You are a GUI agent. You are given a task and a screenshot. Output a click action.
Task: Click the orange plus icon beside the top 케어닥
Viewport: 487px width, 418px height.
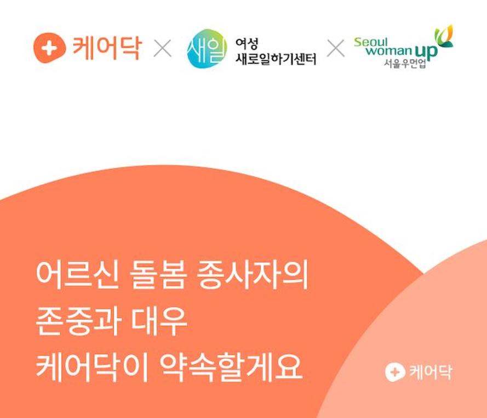click(49, 48)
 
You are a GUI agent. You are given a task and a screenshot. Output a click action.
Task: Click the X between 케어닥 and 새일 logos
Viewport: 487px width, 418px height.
click(163, 48)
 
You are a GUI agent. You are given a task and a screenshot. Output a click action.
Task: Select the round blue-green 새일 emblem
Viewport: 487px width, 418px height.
click(207, 48)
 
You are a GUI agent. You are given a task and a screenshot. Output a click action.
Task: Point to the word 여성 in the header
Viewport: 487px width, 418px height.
click(247, 44)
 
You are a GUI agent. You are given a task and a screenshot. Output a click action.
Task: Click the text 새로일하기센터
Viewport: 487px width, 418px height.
click(276, 59)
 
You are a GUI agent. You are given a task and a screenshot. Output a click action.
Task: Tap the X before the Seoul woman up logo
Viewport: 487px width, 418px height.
click(336, 48)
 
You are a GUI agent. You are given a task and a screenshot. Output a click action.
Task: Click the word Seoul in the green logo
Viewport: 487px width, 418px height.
click(371, 42)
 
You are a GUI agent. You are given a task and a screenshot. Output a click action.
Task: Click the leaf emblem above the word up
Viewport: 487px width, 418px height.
click(444, 36)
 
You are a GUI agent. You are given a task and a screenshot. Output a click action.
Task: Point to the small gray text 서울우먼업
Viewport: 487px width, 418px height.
click(405, 63)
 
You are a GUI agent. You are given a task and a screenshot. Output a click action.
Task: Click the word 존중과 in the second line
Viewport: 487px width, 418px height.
click(78, 321)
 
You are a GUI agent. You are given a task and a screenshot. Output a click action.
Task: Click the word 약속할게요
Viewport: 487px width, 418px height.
click(231, 368)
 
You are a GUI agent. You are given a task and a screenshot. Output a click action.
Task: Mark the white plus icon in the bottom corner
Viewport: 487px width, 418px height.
click(395, 372)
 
